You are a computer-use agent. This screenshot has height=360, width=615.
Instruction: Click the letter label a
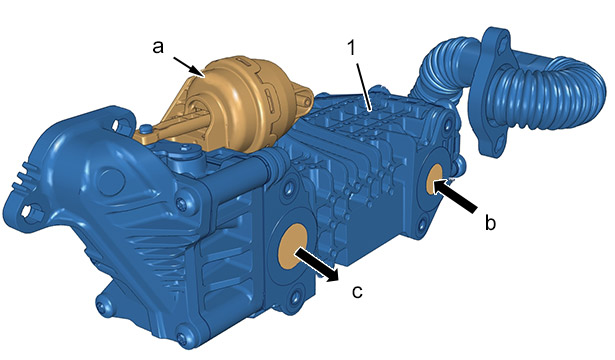click(158, 47)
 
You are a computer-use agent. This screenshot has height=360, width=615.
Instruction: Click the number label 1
click(351, 47)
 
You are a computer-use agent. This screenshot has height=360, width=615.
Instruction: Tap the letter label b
click(490, 222)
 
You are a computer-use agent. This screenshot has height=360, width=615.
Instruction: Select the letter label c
click(357, 291)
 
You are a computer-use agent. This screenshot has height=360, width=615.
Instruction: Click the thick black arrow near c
click(317, 264)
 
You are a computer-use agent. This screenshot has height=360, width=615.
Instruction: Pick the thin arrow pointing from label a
click(188, 65)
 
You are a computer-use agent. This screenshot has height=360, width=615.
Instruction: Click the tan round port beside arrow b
click(435, 179)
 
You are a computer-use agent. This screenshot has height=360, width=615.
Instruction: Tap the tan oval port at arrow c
click(292, 247)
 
